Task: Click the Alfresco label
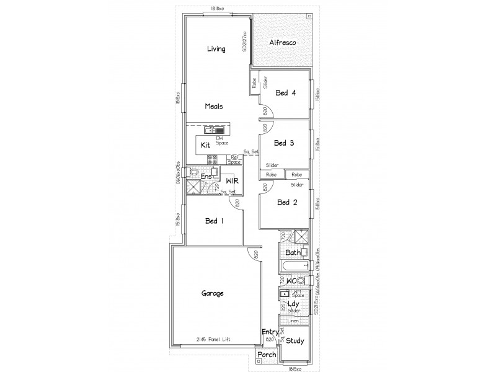(x=282, y=43)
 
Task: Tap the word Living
(x=216, y=49)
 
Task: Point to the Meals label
(x=213, y=106)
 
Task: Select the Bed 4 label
(x=286, y=93)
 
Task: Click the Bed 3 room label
(x=284, y=143)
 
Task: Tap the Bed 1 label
(x=215, y=221)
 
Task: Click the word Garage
(x=213, y=293)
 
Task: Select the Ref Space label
(x=235, y=160)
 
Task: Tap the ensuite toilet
(x=194, y=172)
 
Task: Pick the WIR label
(x=232, y=181)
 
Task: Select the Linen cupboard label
(x=293, y=321)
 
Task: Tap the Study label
(x=295, y=340)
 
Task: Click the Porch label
(x=267, y=355)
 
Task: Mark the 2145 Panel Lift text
(x=212, y=340)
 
